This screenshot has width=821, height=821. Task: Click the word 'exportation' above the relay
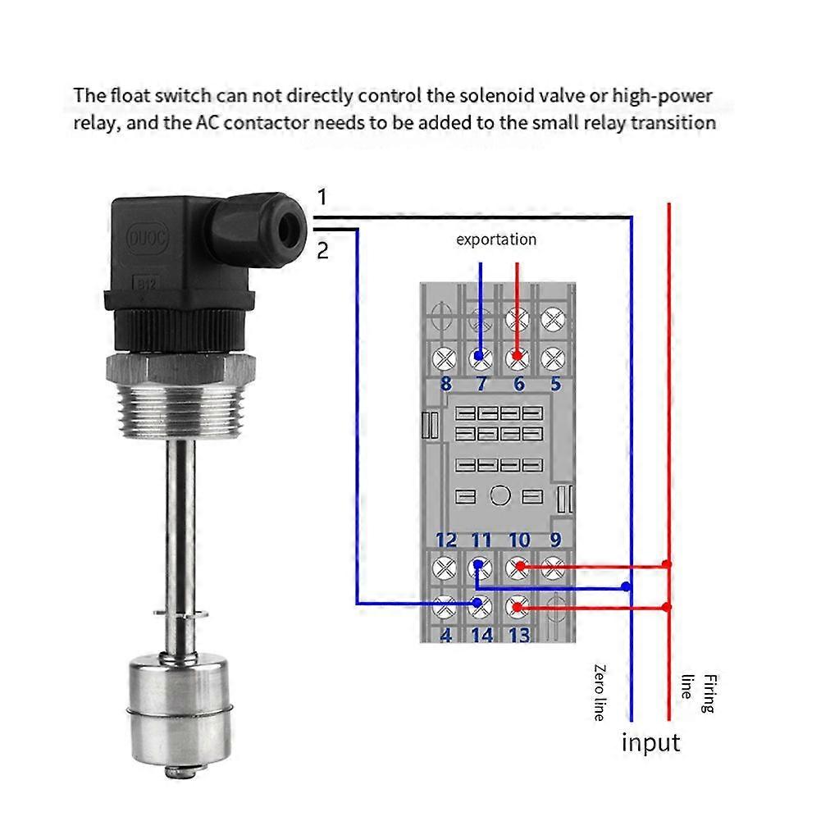[496, 239]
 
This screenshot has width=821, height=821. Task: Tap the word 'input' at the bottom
[650, 742]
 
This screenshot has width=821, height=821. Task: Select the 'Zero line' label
[600, 692]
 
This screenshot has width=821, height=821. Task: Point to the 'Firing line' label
[698, 693]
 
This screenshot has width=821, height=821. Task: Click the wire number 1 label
[322, 197]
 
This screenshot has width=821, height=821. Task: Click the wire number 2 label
[322, 250]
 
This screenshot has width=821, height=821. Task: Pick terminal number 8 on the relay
[445, 384]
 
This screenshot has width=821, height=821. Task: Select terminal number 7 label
[481, 384]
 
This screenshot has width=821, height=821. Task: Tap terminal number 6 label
[518, 384]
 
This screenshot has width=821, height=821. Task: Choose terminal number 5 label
[555, 384]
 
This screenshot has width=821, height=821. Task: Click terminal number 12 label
[445, 540]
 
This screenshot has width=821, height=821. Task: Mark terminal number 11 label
[481, 540]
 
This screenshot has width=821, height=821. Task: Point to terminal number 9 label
[555, 540]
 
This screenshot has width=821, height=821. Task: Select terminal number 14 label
[482, 635]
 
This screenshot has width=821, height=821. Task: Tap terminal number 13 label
[519, 635]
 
